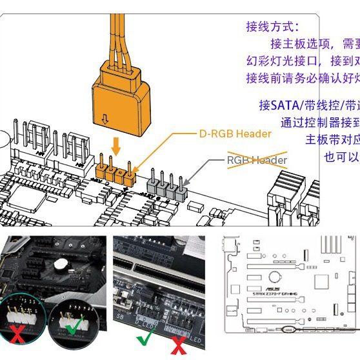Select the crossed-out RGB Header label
(256, 159)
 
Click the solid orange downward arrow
(115, 145)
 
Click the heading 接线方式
(272, 26)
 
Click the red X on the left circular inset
(17, 334)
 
